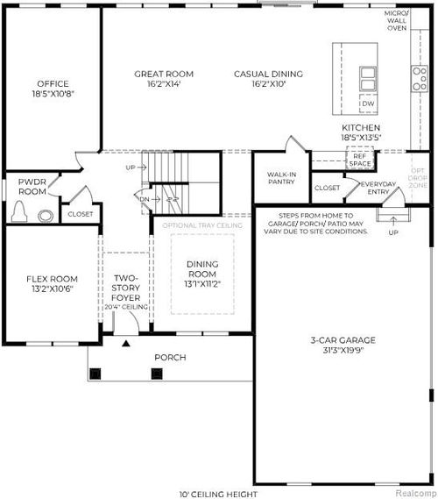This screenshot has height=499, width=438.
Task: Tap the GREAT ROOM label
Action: coord(164,74)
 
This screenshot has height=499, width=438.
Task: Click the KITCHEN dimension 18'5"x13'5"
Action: coord(361,138)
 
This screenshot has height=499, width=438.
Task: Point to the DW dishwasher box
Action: coord(369,104)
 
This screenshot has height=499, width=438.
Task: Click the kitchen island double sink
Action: coord(368,78)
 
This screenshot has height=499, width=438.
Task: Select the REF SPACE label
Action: coord(360,160)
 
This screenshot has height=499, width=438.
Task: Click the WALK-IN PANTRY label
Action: coord(280,178)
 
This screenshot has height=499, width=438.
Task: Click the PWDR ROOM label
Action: coord(32,186)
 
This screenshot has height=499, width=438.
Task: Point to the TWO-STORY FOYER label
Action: coord(126,289)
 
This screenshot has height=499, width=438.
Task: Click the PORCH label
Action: coord(171,358)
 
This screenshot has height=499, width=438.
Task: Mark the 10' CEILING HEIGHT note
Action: coord(218,494)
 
